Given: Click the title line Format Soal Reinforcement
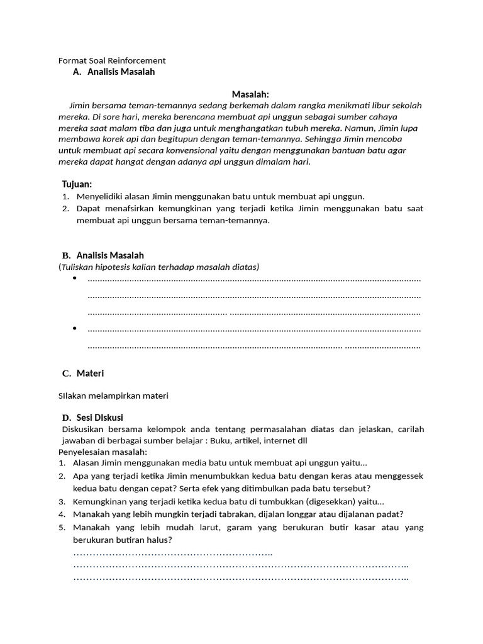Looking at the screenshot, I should click(112, 60).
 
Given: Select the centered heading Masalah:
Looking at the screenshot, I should click(250, 94).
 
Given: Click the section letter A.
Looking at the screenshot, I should click(77, 72).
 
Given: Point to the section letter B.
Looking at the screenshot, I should click(66, 255).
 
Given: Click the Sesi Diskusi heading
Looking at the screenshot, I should click(100, 418).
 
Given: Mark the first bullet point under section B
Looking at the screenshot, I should click(74, 278).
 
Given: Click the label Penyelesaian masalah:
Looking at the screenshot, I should click(103, 452).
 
